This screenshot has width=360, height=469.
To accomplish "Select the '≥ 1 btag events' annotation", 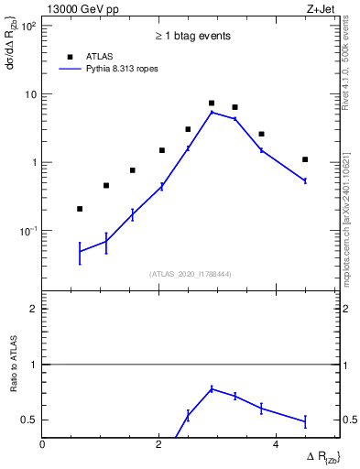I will tap(191, 36).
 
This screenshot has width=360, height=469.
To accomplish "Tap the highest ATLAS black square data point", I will tap(212, 104).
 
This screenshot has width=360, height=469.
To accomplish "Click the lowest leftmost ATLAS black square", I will tap(80, 209).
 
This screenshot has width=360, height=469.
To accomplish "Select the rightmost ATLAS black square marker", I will tap(305, 159).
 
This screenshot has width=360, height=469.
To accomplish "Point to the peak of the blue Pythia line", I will tap(212, 112).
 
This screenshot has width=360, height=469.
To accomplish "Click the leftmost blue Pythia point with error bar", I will tap(80, 251).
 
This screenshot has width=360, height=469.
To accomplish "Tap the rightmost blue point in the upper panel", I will tap(305, 180).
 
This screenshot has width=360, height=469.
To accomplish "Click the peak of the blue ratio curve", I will tap(212, 388).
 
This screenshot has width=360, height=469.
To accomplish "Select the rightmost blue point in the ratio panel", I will tap(305, 421).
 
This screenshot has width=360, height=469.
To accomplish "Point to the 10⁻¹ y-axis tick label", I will tap(29, 231).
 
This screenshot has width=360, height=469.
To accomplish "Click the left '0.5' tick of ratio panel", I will tap(30, 420).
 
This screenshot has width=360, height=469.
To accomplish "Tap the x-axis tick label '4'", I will tap(276, 445).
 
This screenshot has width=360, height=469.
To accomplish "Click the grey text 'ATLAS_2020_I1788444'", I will tap(191, 273).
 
